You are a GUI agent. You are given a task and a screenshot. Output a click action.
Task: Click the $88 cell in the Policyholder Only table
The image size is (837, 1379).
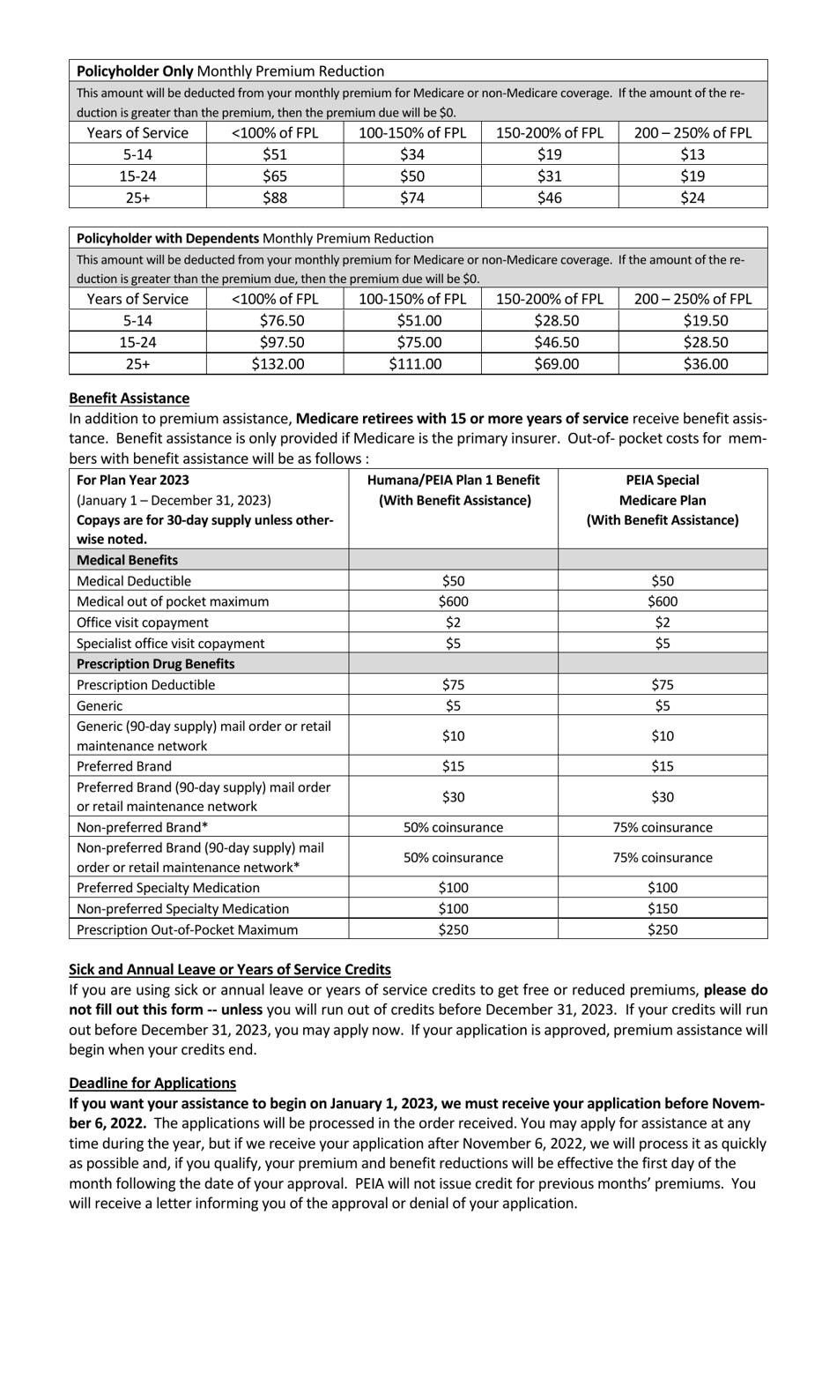(275, 198)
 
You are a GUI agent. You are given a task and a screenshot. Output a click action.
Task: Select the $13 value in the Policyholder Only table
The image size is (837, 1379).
(693, 154)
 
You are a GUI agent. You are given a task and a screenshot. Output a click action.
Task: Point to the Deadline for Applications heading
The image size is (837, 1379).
(152, 1083)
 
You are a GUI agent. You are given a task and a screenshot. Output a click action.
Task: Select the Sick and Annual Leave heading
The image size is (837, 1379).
(230, 969)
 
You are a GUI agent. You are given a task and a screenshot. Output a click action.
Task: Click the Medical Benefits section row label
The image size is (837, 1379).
(128, 560)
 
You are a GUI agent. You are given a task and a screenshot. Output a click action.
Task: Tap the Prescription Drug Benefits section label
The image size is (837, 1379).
(156, 664)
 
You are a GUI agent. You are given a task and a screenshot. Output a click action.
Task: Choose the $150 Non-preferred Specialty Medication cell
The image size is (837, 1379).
(663, 908)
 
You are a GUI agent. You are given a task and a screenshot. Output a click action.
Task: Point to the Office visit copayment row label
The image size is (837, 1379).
(143, 622)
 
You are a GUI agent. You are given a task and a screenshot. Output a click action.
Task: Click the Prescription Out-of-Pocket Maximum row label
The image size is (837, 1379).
(188, 929)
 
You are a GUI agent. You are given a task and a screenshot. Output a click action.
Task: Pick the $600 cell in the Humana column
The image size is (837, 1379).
(454, 601)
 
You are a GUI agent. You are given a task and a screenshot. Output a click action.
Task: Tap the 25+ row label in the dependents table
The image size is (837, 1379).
(137, 363)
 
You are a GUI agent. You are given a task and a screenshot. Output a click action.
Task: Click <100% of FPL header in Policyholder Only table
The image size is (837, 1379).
(275, 133)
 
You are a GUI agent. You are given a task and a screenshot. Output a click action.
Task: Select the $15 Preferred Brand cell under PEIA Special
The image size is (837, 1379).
(663, 766)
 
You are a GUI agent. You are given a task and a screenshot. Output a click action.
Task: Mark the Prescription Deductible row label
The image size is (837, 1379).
(146, 685)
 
